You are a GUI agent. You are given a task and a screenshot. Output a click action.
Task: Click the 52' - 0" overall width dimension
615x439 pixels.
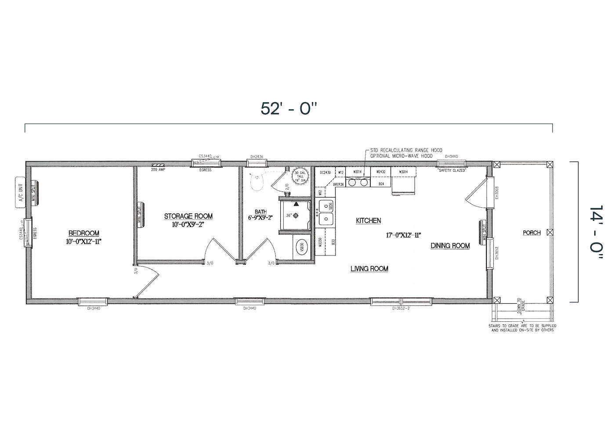point(288,108)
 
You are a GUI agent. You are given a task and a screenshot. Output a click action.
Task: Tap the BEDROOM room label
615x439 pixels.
point(83,233)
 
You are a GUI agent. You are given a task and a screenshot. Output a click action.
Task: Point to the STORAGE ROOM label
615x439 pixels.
point(188,216)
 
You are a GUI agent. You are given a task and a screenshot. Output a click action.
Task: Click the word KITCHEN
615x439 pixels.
point(368,221)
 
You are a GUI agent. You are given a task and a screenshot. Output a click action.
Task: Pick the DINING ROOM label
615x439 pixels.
point(450,246)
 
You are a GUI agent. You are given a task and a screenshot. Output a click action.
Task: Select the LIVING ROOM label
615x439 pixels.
point(369,269)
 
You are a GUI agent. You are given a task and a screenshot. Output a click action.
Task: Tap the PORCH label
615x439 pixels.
point(532,233)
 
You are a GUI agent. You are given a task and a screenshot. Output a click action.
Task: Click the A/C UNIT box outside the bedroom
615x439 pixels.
point(20,192)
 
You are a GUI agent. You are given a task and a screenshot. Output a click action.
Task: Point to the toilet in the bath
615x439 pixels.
point(256,181)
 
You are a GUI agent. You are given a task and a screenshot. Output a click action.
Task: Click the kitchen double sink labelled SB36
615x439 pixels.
point(326,212)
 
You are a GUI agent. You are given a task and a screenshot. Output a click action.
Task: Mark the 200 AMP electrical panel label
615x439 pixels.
point(158,169)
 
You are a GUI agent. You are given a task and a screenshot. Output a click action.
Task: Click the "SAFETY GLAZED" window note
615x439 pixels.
point(452,170)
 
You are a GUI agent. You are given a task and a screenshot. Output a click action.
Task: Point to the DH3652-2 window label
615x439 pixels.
point(401,308)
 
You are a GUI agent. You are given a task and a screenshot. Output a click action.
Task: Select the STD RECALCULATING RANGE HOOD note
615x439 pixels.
point(406,150)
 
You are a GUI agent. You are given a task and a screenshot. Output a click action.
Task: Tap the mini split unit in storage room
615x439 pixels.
point(141,215)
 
